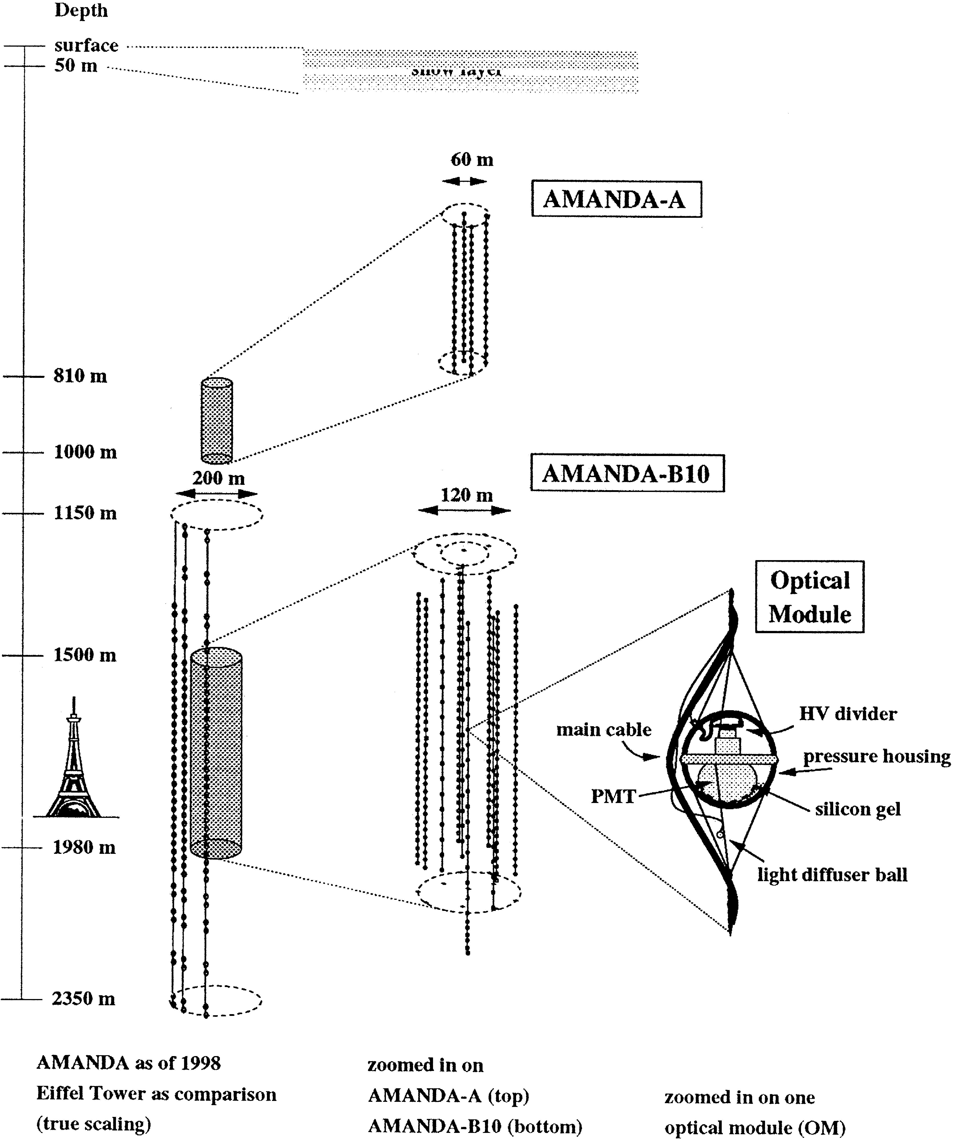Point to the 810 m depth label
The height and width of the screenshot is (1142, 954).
[x=80, y=376]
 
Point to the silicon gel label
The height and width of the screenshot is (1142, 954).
[x=858, y=809]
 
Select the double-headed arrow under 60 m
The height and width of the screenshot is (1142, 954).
[x=464, y=181]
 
